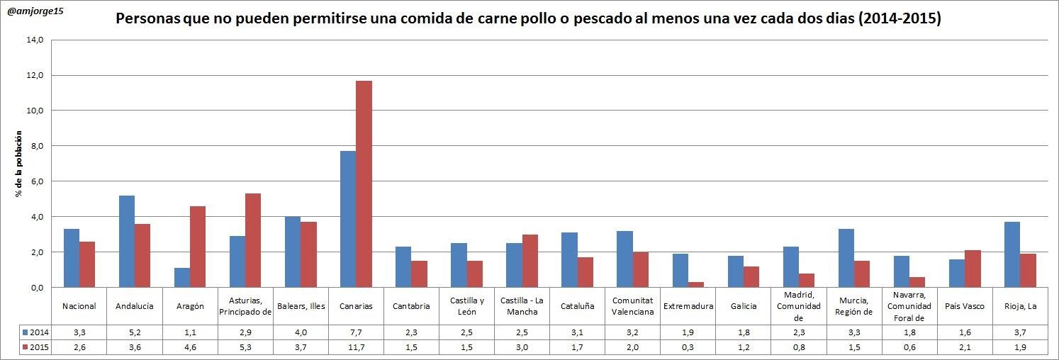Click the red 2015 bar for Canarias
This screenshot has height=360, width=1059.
point(364,184)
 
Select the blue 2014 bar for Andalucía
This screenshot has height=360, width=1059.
point(127,241)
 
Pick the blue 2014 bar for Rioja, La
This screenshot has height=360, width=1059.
point(1012,254)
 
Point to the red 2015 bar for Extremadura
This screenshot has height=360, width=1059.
point(695,284)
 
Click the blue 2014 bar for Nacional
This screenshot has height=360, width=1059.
point(72,258)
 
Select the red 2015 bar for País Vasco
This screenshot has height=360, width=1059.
point(972,269)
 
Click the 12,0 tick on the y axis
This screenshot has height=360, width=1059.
point(34,75)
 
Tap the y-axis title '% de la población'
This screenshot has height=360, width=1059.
point(21,164)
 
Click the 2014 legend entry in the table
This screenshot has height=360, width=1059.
point(35,332)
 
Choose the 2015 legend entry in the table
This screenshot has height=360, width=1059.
point(35,347)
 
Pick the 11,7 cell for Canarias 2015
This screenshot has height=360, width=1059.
point(356,347)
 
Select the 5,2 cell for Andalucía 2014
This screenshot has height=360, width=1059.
point(134,332)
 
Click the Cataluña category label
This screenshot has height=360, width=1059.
point(577,306)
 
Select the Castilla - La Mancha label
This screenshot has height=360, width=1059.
point(522,306)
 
